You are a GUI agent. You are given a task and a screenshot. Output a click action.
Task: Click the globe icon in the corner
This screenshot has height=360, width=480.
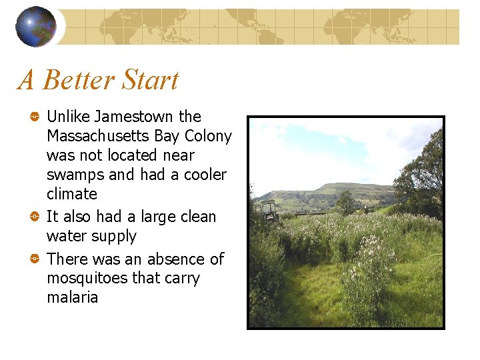point(36,27)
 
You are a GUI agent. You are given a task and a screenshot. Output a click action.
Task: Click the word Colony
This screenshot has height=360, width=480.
point(207,136)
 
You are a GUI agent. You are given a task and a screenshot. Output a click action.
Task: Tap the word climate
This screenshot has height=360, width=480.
point(71,194)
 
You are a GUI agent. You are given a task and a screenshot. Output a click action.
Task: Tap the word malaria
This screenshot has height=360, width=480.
point(72,297)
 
